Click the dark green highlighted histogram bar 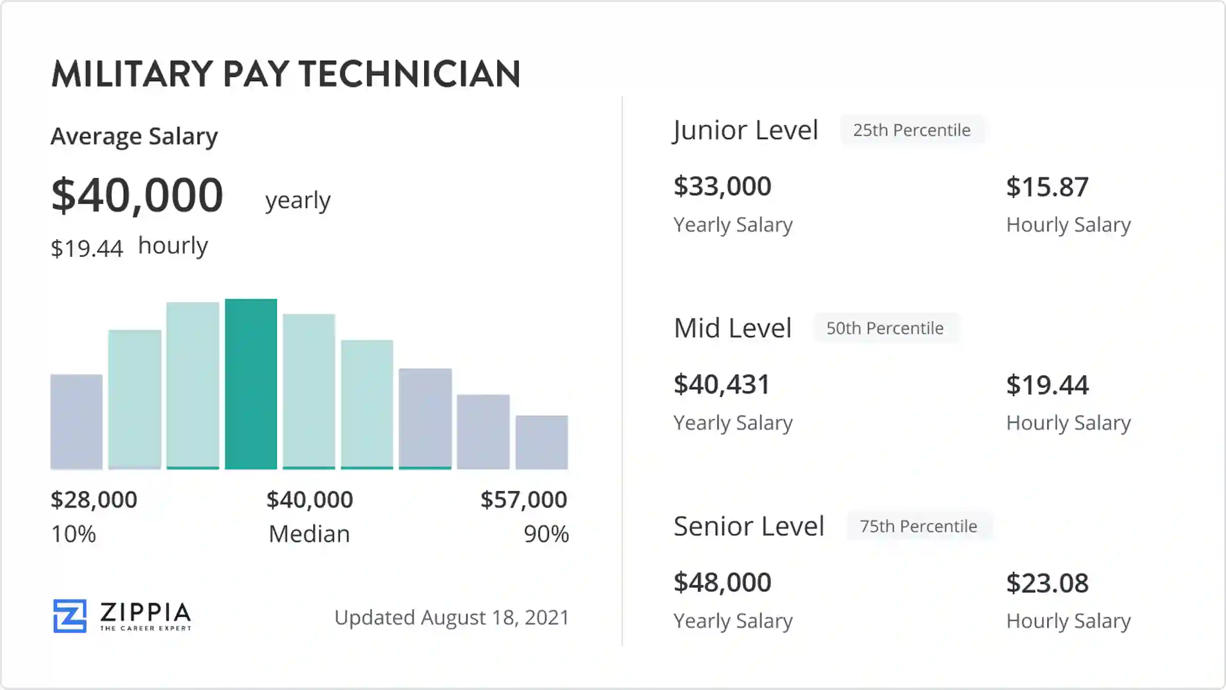coord(251,384)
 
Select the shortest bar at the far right coord(541,442)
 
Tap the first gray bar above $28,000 coord(76,422)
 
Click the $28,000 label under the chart coord(94,499)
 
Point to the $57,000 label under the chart coord(524,499)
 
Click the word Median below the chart coord(309,534)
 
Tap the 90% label coord(546,534)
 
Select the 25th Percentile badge coord(912,130)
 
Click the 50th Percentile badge coord(885,328)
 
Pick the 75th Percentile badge coord(918,526)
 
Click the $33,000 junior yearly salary coord(722,186)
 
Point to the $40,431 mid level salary coord(721,384)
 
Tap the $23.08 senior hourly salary coord(1047,583)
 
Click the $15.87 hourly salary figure coord(1047,187)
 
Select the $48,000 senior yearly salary coord(722,582)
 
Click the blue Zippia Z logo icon coord(70,616)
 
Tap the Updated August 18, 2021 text coord(452,617)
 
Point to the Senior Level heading coord(749,526)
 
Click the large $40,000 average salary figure coord(137,195)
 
